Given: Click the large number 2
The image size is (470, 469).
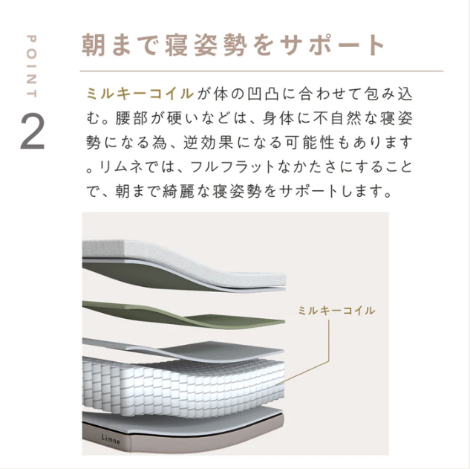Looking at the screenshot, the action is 33,132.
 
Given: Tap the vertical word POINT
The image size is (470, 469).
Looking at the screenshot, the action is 31,66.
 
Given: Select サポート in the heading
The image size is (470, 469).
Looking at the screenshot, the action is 331,45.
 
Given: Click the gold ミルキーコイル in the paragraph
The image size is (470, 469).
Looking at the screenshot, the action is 140,94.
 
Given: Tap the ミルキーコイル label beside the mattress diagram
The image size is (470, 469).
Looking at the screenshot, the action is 336,311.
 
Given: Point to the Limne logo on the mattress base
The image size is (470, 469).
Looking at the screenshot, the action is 111,439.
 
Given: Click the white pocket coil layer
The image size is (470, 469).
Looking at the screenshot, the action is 183,384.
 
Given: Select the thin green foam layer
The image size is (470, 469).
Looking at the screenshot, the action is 183,315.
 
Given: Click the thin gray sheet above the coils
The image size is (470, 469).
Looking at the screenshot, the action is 183,349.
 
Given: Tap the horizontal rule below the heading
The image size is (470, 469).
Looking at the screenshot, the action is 261,71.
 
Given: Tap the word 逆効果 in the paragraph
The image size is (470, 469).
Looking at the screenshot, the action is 209,143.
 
